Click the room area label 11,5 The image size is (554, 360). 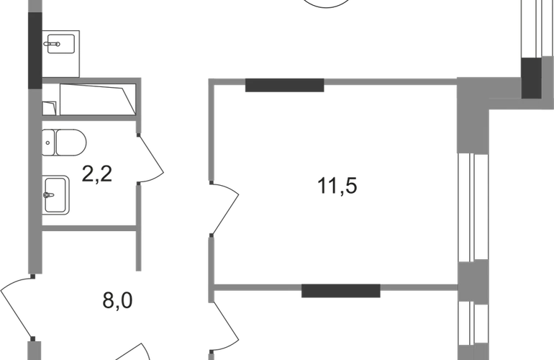point(337,186)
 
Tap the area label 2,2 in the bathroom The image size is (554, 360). point(97,174)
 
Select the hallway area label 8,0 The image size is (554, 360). point(118,300)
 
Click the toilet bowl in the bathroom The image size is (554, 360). point(71,143)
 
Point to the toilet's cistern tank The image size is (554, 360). point(48,143)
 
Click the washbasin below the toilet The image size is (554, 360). point(56,195)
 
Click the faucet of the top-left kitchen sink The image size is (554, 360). point(53,44)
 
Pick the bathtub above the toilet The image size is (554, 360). point(98,99)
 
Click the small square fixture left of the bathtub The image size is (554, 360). point(49,108)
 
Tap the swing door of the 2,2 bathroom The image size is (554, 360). point(151,158)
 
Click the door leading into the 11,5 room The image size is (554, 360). point(224,209)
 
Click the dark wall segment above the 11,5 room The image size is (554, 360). point(284,85)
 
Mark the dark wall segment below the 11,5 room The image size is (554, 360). point(341,291)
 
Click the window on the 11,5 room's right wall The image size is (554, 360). point(473,207)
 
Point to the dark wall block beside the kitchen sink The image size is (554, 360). point(35,50)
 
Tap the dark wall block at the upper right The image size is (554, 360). point(532,78)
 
